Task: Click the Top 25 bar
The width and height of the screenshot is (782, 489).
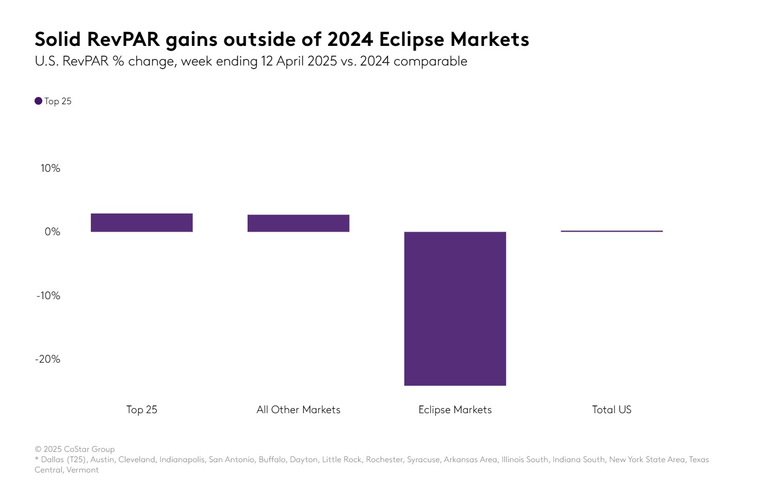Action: [x=142, y=223]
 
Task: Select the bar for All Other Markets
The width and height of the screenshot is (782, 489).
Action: [x=298, y=223]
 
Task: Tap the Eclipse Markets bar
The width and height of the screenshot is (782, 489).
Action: [x=455, y=308]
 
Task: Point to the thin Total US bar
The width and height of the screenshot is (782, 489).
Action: [x=612, y=231]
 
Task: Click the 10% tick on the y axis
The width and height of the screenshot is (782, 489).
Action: [x=51, y=168]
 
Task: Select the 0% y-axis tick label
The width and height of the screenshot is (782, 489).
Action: [x=53, y=232]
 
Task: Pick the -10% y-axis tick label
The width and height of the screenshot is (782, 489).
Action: [x=48, y=296]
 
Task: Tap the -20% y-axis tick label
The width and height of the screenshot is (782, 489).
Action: [x=48, y=359]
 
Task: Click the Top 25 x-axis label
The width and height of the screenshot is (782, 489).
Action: [x=142, y=410]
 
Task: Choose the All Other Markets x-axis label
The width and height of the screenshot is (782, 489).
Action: [x=298, y=410]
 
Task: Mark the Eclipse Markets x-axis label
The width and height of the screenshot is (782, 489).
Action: [x=455, y=410]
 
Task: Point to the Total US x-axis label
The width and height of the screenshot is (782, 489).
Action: [x=612, y=410]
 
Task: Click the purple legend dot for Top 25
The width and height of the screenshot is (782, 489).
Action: [x=39, y=101]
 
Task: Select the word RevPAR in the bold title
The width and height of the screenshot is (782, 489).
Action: [x=124, y=39]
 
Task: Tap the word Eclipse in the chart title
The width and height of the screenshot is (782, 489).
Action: [x=411, y=39]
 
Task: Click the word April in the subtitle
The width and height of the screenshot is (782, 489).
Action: [x=290, y=61]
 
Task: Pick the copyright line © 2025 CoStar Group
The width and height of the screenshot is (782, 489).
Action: [x=75, y=449]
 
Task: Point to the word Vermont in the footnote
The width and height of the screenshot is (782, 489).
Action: [x=83, y=470]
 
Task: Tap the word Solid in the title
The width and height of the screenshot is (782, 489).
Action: [x=58, y=39]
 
